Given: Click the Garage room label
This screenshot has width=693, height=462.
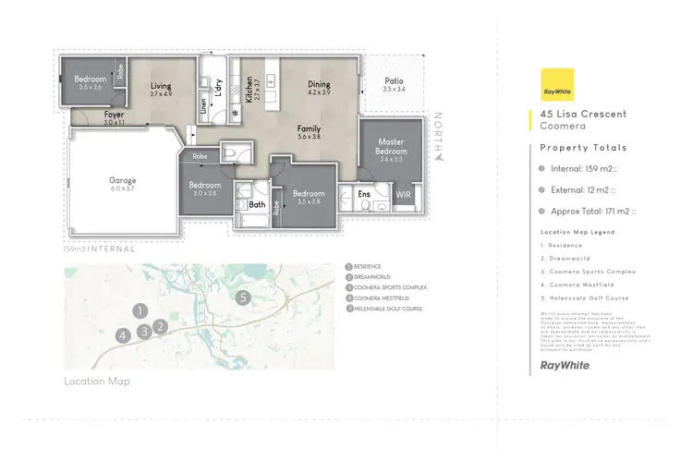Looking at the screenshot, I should click(x=123, y=180).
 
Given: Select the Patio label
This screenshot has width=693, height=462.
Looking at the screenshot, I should click(x=393, y=80).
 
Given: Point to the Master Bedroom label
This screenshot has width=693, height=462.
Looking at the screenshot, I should click(x=391, y=145).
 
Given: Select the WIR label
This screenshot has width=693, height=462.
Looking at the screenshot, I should click(x=403, y=196).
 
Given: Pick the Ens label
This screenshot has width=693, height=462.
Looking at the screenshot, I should click(x=365, y=195).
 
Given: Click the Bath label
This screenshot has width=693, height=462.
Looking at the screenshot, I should click(x=256, y=205).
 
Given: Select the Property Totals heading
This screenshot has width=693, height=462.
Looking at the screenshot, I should click(x=583, y=148).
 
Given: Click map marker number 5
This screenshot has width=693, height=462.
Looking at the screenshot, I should click(x=242, y=298).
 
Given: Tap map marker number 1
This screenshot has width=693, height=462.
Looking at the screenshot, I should click(x=139, y=310).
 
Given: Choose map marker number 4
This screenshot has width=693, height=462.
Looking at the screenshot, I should click(x=123, y=335).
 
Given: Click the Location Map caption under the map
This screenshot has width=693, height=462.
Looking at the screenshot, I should click(x=97, y=381).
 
